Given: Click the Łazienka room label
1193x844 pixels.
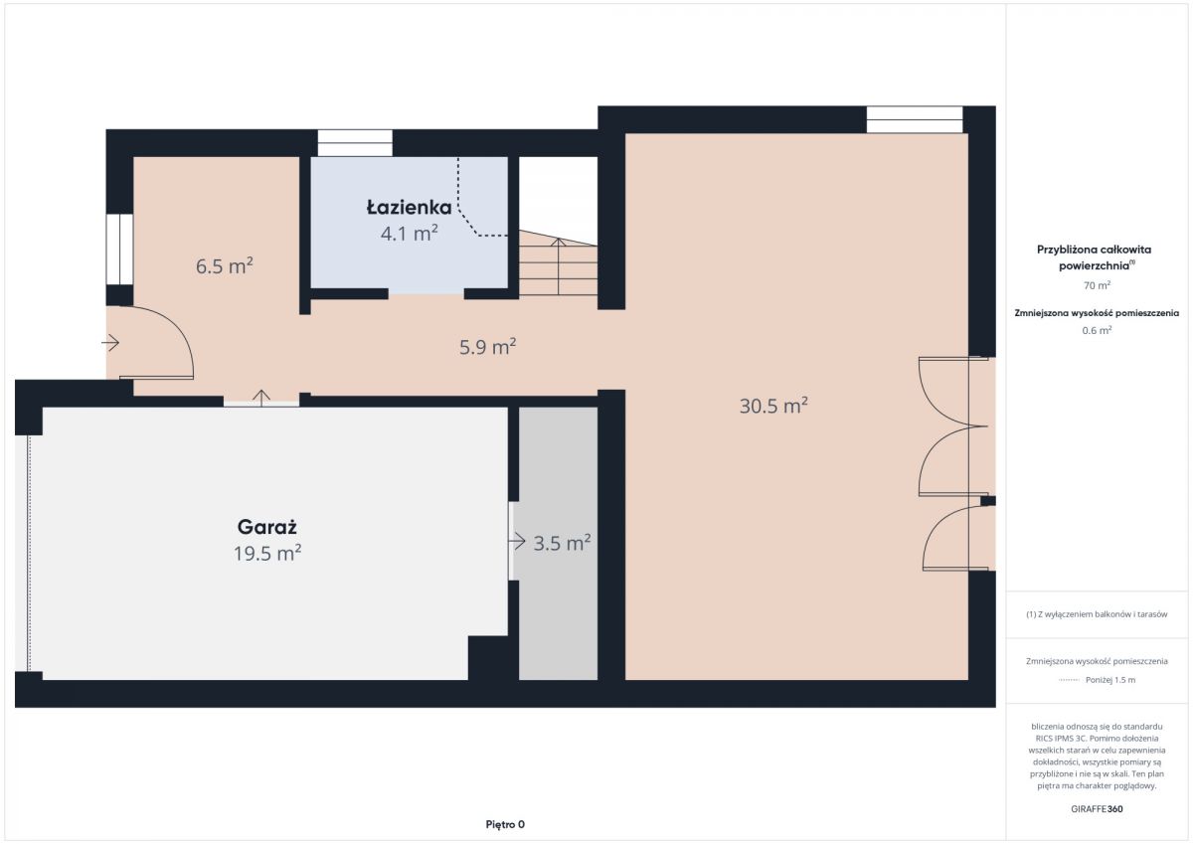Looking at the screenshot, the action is [x=409, y=207].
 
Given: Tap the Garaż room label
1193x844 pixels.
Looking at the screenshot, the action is [x=266, y=527].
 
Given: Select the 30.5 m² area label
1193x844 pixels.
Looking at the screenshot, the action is [x=773, y=406].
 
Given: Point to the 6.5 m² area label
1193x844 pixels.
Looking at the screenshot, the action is [x=225, y=265].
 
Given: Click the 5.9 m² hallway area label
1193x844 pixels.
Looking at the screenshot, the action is [x=488, y=347].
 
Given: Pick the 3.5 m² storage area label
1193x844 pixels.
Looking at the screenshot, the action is [x=562, y=543].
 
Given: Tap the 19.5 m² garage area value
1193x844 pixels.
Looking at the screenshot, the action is [x=267, y=553].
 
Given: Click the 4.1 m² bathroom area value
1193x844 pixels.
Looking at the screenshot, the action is [x=409, y=234].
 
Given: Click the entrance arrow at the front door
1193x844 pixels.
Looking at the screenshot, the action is [x=110, y=342].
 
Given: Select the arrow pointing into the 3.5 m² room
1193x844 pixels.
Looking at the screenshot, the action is [x=517, y=542].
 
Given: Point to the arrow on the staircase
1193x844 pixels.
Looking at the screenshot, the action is [x=558, y=266].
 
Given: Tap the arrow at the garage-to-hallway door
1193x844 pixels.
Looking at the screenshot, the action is [x=260, y=399].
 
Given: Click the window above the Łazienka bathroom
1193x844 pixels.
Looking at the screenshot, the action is [x=355, y=143].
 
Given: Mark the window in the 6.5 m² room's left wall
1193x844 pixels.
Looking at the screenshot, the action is [x=119, y=250].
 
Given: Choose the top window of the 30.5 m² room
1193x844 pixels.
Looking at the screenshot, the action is [x=915, y=119].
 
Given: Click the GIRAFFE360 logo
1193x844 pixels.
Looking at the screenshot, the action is [x=1097, y=809].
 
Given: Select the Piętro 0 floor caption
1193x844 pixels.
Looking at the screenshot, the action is [x=505, y=824].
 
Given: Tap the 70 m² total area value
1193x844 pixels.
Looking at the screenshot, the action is [x=1097, y=285].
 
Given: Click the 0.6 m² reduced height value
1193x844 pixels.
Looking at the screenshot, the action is [x=1097, y=330].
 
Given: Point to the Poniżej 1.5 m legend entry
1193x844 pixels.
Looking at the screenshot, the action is [x=1110, y=679].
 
